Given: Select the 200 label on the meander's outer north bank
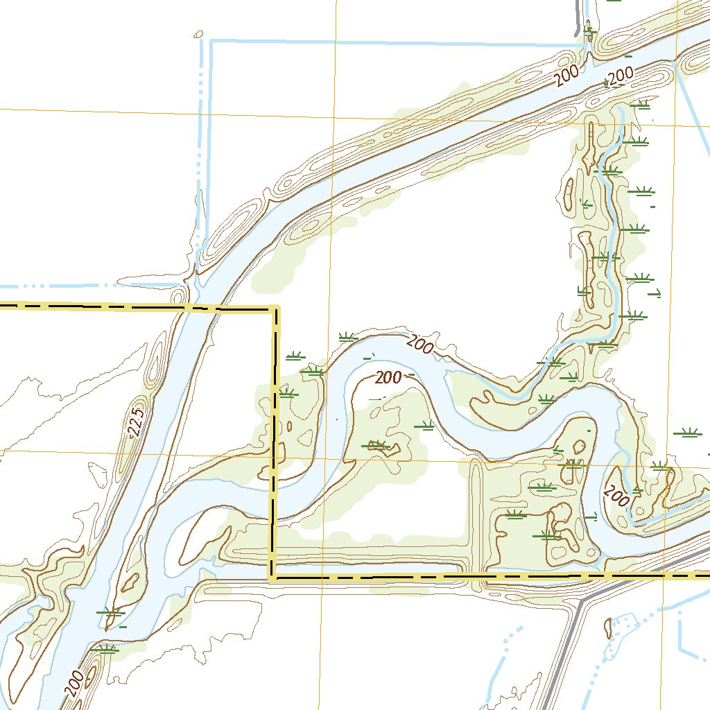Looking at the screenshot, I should click(419, 343).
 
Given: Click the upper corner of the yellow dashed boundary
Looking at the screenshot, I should click(276, 309).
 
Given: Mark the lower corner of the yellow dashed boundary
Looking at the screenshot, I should click(272, 576).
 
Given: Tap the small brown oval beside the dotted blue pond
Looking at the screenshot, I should click(607, 628).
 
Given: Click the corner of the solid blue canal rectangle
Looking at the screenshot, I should click(211, 42).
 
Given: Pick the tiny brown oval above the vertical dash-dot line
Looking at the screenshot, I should click(199, 33).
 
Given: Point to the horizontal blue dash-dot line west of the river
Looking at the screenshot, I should click(62, 286).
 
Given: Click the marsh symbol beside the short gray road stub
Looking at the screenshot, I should click(590, 31).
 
